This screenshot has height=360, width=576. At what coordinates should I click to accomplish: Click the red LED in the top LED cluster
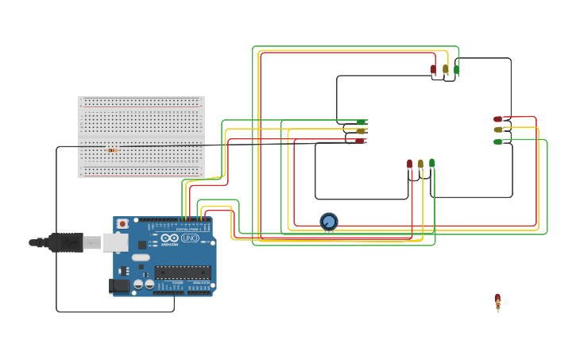433,70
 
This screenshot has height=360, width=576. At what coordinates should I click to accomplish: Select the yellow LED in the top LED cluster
445,70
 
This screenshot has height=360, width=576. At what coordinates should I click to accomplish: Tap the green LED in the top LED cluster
457,70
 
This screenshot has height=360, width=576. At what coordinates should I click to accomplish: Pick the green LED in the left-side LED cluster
361,122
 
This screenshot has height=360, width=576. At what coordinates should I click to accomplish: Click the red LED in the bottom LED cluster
410,164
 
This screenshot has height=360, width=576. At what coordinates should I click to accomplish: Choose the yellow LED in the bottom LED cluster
421,164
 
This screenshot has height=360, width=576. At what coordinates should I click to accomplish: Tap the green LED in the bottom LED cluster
432,163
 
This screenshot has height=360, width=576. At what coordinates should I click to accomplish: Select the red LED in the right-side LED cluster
497,119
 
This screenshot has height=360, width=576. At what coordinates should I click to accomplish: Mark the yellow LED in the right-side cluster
497,130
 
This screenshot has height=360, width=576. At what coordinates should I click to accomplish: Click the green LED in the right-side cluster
497,141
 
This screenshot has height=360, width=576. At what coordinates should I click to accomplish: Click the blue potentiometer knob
329,221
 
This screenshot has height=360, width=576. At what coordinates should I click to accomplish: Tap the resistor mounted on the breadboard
111,149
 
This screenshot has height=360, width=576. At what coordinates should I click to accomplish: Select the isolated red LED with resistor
498,300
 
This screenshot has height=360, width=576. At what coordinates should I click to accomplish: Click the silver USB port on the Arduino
115,242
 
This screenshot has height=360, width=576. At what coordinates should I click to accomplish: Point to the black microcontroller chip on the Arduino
183,272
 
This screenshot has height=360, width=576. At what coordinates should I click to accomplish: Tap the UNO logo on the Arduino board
190,238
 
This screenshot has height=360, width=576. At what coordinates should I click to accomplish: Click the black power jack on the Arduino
120,285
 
